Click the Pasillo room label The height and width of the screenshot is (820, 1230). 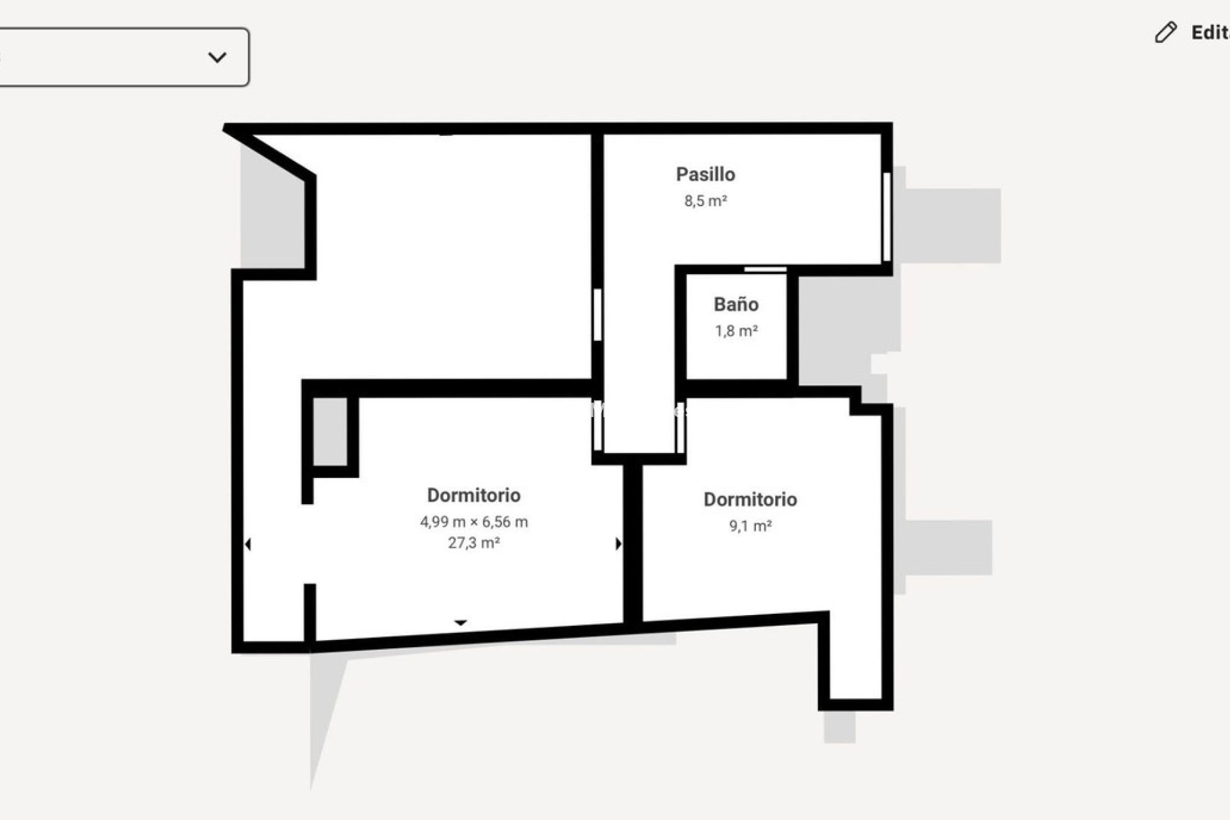tap(705, 174)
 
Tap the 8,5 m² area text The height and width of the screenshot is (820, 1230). tap(705, 201)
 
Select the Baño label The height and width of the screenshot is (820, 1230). tap(736, 304)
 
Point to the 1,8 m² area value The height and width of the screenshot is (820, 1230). tap(736, 331)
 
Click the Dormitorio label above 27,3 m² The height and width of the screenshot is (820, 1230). tap(473, 495)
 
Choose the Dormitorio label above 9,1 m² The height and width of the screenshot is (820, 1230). tap(750, 500)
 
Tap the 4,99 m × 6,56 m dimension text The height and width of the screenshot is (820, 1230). tap(473, 522)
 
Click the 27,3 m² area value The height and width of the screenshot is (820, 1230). tap(473, 543)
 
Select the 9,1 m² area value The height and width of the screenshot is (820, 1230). tap(750, 526)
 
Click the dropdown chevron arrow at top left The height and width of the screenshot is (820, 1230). tap(217, 58)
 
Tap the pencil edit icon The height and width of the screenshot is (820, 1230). tap(1165, 33)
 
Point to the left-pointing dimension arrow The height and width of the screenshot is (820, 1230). tap(248, 545)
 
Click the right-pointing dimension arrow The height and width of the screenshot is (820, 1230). tap(618, 544)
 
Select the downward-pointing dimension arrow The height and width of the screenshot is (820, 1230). tap(461, 623)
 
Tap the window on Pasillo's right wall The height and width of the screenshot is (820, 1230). tap(887, 217)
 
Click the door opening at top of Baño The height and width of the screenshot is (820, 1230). tap(765, 270)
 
